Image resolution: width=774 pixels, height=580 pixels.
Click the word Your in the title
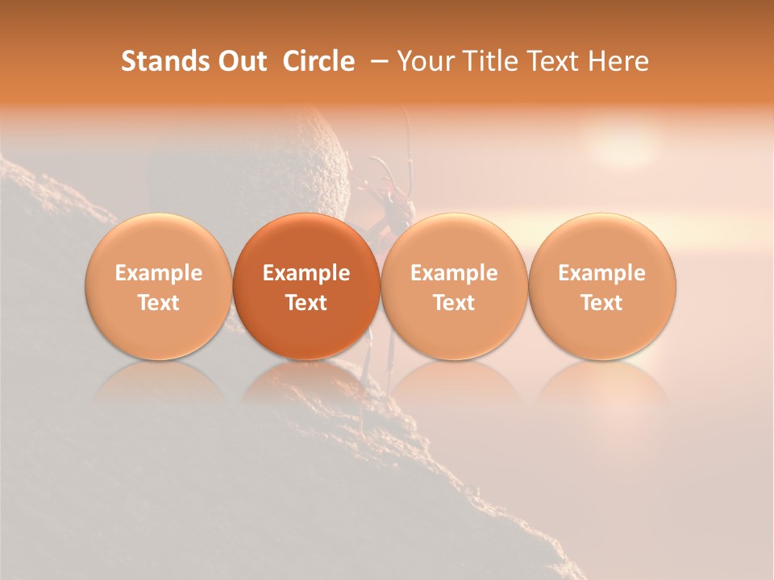click(423, 61)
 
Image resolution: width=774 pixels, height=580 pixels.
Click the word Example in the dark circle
click(306, 273)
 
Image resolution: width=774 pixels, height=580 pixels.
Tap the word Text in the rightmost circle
click(602, 303)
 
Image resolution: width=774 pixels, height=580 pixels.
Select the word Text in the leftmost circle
click(158, 303)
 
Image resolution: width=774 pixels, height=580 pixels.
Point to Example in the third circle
click(454, 273)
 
